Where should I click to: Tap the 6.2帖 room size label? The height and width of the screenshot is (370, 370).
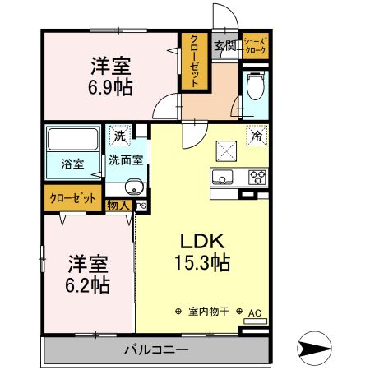coord(88,285)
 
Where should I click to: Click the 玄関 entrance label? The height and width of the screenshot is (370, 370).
coord(224,46)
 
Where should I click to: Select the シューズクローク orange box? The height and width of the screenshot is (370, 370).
coord(254,46)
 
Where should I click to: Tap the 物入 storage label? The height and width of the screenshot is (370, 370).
coord(118,205)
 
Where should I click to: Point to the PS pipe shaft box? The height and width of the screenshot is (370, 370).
coord(141,206)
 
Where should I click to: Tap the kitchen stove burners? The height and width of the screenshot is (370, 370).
coord(257,175)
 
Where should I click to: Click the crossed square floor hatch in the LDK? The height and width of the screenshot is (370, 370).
coord(225,150)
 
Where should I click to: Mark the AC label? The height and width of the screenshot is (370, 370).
coord(254,312)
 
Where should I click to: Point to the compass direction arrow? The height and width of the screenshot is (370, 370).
coord(316,348)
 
